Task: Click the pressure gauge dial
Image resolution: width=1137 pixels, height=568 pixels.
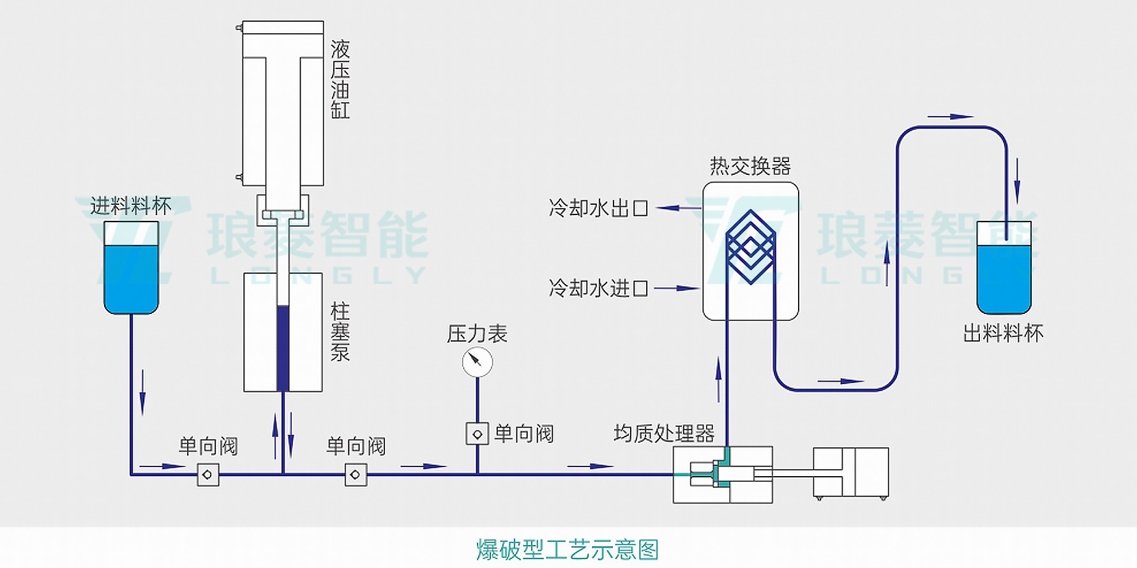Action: [x=477, y=362]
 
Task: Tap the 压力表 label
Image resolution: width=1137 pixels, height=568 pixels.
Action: [x=477, y=334]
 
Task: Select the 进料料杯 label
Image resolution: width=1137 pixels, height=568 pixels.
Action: [x=131, y=206]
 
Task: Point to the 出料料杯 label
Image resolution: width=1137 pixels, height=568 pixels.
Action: [x=1003, y=333]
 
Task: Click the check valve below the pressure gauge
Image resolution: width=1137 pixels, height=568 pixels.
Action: [x=477, y=434]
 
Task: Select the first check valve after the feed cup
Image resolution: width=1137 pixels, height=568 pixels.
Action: [x=208, y=475]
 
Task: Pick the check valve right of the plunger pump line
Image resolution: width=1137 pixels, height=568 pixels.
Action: [x=356, y=475]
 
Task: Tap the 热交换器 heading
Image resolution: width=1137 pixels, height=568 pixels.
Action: [x=750, y=167]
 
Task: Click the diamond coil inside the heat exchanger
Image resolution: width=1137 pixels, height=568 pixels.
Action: [x=751, y=246]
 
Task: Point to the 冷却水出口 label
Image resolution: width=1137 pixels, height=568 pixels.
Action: [x=598, y=208]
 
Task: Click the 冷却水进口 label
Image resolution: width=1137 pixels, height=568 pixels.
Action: [x=598, y=288]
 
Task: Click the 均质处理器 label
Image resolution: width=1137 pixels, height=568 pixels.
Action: [x=664, y=434]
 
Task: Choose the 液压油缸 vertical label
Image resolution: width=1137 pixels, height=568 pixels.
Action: [x=340, y=80]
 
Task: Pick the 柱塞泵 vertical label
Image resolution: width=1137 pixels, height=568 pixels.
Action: [x=340, y=333]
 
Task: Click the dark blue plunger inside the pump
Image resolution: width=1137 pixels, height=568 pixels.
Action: [x=283, y=348]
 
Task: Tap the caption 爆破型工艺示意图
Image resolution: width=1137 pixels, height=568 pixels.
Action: [x=567, y=549]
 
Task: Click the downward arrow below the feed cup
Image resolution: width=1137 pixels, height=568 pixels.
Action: [x=142, y=391]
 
